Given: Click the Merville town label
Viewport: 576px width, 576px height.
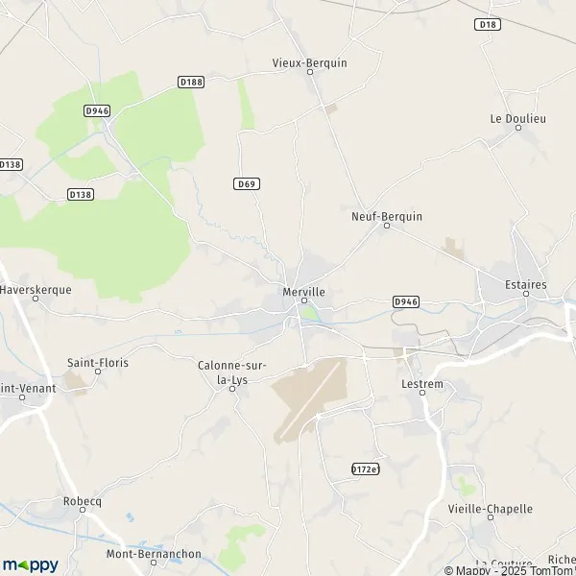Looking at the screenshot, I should coord(304,291).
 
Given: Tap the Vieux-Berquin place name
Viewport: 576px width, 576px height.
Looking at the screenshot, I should coord(310,63).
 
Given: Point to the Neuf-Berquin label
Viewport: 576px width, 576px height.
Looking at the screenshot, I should coord(387,217).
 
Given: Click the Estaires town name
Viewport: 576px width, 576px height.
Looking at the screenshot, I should coord(526,284).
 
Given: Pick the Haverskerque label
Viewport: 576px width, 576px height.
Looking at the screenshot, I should coord(36,287).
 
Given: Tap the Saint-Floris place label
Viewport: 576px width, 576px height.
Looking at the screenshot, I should coord(97,363).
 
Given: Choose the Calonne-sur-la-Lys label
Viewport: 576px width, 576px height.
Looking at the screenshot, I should coord(231,372).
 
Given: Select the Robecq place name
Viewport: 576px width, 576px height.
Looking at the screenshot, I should coord(82,501).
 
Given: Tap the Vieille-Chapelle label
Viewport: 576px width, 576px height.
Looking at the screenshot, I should coord(491,509).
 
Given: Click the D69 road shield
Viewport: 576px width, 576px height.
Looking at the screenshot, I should coord(247,182).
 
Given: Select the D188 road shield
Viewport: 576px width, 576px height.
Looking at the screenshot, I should coord(192,83).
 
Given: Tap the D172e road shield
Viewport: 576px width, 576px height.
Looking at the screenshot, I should coord(366,468).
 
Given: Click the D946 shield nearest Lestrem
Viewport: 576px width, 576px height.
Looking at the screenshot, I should coord(406,301).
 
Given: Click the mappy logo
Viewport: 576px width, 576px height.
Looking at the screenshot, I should coord(31,564).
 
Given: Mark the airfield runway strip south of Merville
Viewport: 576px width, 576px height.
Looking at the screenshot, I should coord(309,396).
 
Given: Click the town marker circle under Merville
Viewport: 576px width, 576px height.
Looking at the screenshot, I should coord(304,301).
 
